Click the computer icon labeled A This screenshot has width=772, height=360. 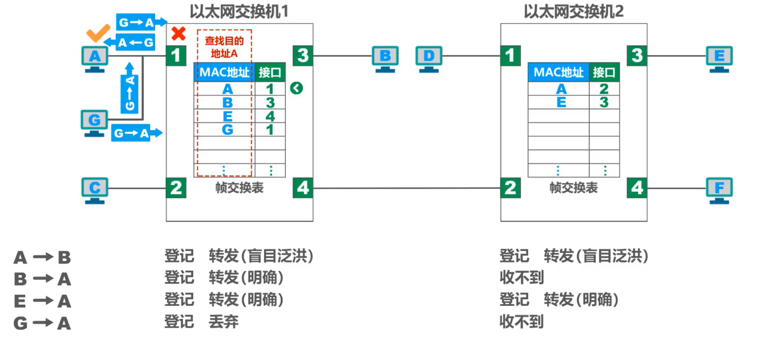point(95,59)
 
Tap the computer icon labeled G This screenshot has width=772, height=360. point(94,122)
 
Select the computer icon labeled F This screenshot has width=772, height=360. point(719,190)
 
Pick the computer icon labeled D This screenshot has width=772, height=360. point(429,59)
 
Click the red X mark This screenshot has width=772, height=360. point(178,34)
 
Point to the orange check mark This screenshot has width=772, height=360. point(98,33)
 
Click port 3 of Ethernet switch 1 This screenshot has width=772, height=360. point(303,56)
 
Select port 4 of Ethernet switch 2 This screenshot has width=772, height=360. point(637,188)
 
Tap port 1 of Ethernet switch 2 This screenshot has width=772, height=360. point(510,56)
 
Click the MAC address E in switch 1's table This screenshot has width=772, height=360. point(227,116)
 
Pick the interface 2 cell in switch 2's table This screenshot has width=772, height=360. point(604,89)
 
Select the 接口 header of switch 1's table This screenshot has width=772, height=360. point(270,72)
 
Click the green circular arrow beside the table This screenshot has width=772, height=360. point(296,88)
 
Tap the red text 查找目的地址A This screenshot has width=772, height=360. point(224,47)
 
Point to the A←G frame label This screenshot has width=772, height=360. point(135,42)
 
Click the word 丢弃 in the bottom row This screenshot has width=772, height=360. point(223,322)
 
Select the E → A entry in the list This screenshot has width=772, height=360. point(42,301)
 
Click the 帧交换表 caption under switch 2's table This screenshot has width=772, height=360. point(573,188)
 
